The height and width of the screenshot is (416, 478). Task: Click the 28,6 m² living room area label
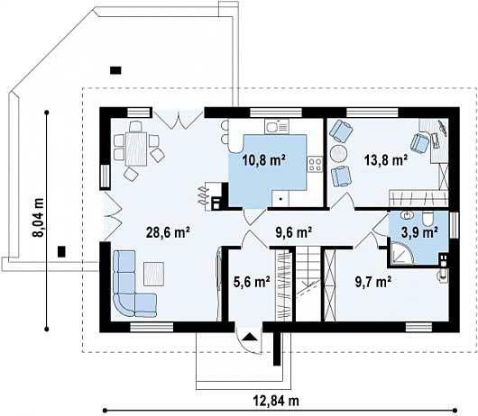click(169, 232)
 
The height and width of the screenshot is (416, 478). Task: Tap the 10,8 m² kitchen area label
click(264, 160)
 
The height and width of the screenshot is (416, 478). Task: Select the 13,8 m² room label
click(386, 160)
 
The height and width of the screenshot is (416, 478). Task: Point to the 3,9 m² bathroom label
click(419, 232)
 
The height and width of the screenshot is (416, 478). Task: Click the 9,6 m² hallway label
click(294, 232)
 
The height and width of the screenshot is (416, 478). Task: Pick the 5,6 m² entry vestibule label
click(252, 282)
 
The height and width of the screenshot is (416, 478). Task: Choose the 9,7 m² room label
click(373, 282)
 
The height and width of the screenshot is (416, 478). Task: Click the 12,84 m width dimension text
click(276, 401)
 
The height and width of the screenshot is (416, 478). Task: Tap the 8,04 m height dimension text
click(39, 217)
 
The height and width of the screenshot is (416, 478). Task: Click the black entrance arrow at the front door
click(250, 336)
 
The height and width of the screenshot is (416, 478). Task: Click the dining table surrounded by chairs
click(136, 149)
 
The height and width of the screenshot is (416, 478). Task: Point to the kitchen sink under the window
click(276, 126)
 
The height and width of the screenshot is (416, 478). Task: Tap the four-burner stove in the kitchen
click(315, 165)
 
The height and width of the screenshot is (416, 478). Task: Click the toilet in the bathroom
click(427, 219)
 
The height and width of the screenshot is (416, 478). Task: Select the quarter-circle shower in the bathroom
click(401, 252)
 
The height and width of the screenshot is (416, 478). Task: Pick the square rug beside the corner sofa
click(153, 274)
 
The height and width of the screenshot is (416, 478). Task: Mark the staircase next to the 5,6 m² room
click(308, 284)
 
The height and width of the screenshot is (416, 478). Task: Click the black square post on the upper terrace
click(115, 70)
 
